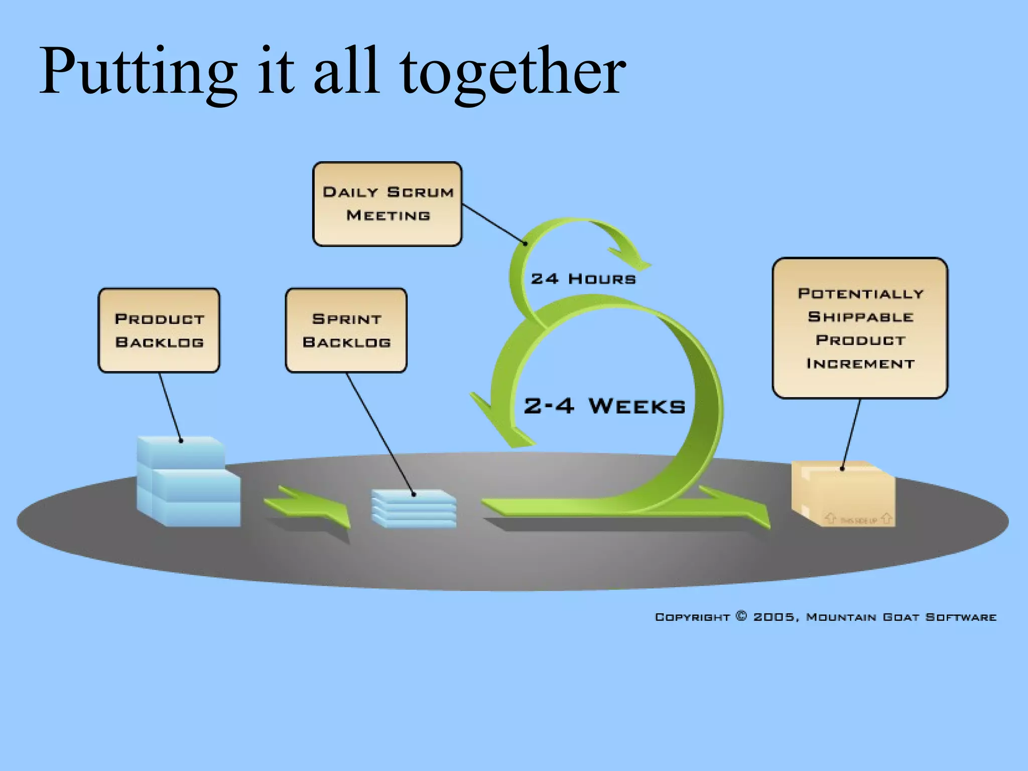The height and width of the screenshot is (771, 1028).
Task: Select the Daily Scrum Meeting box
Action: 387,204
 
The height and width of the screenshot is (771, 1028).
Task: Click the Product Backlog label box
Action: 159,330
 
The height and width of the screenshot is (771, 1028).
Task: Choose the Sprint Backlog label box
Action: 346,330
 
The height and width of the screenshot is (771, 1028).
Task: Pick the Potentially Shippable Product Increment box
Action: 860,328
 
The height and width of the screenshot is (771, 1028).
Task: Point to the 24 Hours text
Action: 583,279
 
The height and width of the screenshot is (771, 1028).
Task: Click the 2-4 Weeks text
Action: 604,406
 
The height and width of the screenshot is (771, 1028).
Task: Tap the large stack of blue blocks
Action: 188,482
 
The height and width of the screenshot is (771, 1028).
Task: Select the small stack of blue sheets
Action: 414,508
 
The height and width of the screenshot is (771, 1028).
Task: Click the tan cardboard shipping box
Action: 843,494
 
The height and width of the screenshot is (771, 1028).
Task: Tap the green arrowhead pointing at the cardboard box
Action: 748,509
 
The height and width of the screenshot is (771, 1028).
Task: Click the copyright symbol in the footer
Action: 741,616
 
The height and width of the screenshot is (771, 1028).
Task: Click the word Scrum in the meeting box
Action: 421,192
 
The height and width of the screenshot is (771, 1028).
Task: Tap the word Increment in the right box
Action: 860,363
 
